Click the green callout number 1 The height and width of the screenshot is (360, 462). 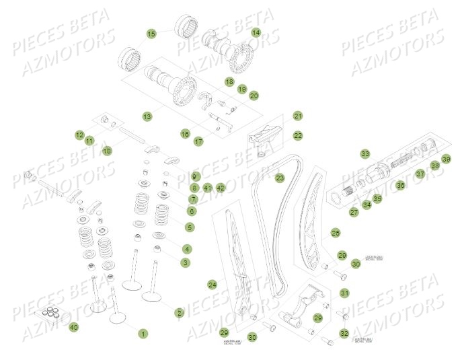(x=143, y=333)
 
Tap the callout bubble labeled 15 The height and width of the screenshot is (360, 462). (x=151, y=33)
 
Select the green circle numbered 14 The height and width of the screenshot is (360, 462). (x=256, y=32)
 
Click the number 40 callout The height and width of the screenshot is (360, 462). (x=74, y=327)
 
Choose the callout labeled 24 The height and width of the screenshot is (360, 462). (x=213, y=284)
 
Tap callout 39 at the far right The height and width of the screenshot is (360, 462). (x=445, y=159)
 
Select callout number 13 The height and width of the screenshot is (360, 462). (x=147, y=116)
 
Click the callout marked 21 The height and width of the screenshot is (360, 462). (x=298, y=116)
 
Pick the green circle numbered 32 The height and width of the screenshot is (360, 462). (x=344, y=333)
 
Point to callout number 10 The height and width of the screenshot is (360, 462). (x=107, y=151)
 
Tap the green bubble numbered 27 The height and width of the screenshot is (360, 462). (x=354, y=212)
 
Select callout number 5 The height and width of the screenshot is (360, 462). (x=189, y=227)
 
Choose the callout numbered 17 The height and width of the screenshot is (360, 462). (x=198, y=142)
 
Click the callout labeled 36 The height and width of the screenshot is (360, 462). (x=400, y=184)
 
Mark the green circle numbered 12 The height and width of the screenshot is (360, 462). (x=79, y=135)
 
